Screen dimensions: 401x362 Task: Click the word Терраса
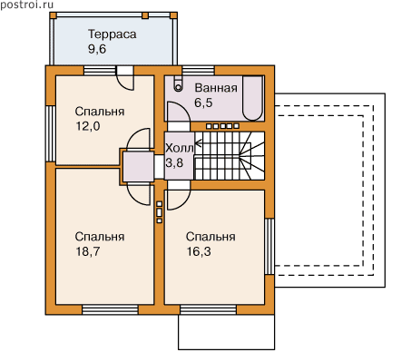112,34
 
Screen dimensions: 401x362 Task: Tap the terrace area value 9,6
97,49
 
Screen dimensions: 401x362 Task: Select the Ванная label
216,88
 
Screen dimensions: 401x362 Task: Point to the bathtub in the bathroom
253,98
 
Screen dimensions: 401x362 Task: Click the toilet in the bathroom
179,83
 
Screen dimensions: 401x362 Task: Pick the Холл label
180,148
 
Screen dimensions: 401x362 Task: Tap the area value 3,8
174,162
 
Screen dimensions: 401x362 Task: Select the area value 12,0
88,126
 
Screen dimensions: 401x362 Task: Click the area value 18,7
88,251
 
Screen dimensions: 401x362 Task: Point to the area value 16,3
199,251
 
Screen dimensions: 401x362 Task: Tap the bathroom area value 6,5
203,103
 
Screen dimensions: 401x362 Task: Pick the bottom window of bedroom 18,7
110,309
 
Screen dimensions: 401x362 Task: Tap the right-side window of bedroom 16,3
269,246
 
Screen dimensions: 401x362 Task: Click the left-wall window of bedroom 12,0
51,133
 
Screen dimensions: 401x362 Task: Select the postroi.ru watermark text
27,5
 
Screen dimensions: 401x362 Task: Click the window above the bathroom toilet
199,71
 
